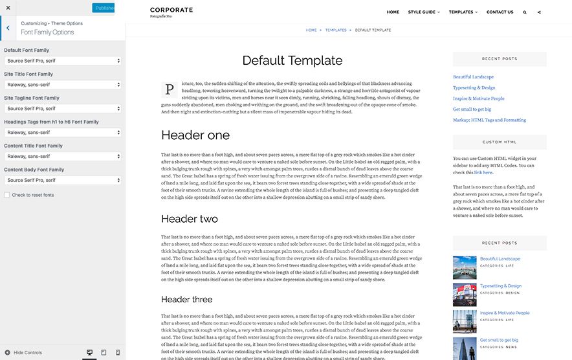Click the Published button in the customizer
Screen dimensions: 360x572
pos(104,8)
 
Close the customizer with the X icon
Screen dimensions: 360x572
pos(8,8)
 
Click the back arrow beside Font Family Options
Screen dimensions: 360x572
pos(7,28)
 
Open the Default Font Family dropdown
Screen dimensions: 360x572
pos(63,61)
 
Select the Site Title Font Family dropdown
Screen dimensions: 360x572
pos(63,85)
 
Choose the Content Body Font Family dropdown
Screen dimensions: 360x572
pos(63,180)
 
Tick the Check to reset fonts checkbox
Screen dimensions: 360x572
pos(7,195)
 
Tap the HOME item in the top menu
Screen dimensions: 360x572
pos(393,12)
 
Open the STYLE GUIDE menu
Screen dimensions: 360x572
pos(424,12)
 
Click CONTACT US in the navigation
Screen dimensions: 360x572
pos(500,12)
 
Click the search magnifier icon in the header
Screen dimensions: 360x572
pos(524,12)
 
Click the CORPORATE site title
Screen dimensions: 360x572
pos(171,10)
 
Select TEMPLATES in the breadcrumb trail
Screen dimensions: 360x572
pos(336,30)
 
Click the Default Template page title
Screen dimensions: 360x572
pos(292,61)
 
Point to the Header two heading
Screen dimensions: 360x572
pos(190,219)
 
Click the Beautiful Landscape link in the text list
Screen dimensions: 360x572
pos(473,77)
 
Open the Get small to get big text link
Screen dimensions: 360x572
pos(472,109)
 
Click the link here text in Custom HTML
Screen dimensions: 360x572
pos(483,172)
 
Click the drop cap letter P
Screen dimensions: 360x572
pos(169,89)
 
